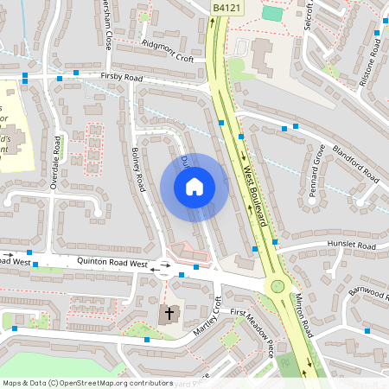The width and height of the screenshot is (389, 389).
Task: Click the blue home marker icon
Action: coord(194,187)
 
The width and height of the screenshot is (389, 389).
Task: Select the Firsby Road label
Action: coord(120,77)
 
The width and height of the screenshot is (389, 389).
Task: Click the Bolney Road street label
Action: coord(137,169)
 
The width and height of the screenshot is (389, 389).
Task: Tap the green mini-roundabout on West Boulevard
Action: coord(277,286)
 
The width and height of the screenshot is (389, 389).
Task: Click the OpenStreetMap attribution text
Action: coord(88,382)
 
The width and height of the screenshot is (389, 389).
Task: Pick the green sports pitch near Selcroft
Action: coord(272,14)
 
